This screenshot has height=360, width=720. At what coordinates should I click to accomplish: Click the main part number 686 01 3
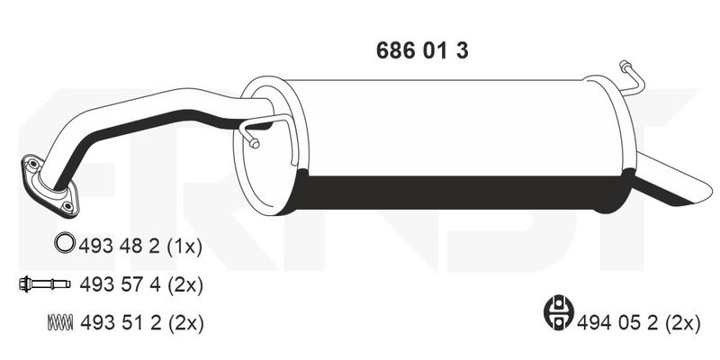click(422, 50)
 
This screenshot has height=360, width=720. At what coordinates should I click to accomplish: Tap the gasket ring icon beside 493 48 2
click(64, 242)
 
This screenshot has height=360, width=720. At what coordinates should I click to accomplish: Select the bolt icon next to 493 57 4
click(44, 284)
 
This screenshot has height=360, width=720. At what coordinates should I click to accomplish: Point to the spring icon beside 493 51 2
click(60, 322)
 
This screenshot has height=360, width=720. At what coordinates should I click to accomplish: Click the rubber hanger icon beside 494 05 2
click(559, 312)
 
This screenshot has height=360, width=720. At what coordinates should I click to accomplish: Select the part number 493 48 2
click(120, 247)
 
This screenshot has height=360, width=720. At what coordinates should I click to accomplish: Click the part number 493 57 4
click(120, 285)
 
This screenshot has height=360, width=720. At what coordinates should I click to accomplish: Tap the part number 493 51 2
click(121, 323)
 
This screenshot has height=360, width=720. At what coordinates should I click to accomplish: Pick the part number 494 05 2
click(617, 323)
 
